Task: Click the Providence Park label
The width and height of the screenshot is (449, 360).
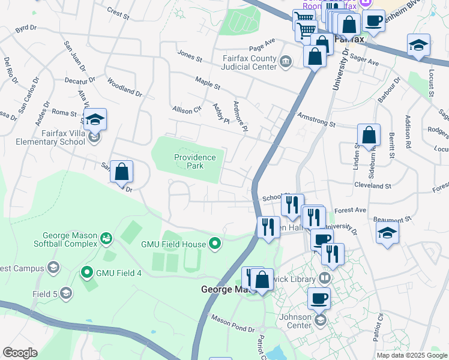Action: pyautogui.click(x=194, y=161)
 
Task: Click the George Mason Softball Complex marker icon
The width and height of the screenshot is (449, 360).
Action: pyautogui.click(x=106, y=239)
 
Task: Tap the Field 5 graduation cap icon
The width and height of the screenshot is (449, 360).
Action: pyautogui.click(x=66, y=293)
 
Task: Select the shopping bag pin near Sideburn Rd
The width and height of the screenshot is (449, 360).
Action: pyautogui.click(x=369, y=136)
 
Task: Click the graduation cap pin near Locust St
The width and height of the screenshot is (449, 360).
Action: pyautogui.click(x=418, y=45)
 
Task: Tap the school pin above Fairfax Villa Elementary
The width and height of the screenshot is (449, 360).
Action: pyautogui.click(x=95, y=120)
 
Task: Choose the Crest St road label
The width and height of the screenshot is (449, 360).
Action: pyautogui.click(x=118, y=11)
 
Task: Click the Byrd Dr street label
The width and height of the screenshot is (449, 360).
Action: pyautogui.click(x=26, y=28)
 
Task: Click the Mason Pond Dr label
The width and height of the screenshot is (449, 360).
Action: pyautogui.click(x=232, y=325)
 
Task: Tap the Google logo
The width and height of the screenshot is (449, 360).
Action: pyautogui.click(x=20, y=353)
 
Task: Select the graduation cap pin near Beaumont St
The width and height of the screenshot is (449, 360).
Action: pyautogui.click(x=387, y=233)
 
